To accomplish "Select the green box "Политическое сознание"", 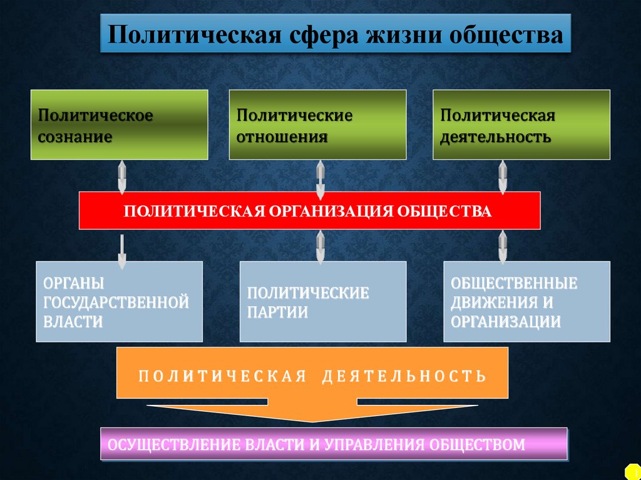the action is pyautogui.click(x=120, y=125).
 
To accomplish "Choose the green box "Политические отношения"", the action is pyautogui.click(x=317, y=125).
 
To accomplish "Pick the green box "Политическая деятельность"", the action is pyautogui.click(x=521, y=125).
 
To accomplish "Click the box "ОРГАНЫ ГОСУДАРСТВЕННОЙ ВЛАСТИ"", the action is pyautogui.click(x=120, y=302).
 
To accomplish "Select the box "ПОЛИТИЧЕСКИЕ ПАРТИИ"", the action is pyautogui.click(x=323, y=302).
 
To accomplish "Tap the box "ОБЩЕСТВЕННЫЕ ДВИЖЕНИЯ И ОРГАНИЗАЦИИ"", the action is pyautogui.click(x=526, y=302).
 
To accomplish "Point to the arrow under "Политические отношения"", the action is pyautogui.click(x=320, y=178).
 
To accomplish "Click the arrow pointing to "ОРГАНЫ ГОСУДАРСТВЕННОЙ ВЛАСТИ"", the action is pyautogui.click(x=122, y=250).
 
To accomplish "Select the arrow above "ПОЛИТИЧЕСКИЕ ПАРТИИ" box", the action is pyautogui.click(x=320, y=247).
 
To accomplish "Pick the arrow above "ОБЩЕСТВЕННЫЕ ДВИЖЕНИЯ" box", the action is pyautogui.click(x=502, y=247).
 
